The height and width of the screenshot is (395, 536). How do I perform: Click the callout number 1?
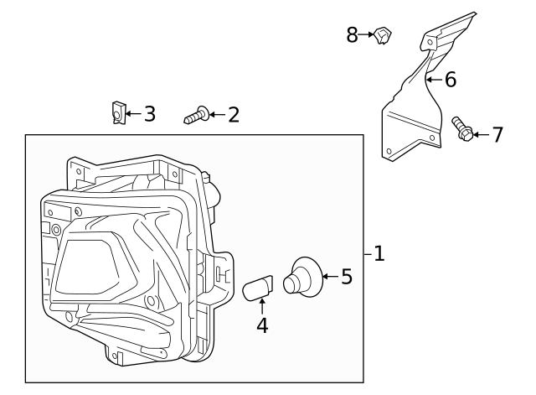(379, 253)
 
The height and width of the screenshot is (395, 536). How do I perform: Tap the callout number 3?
(149, 113)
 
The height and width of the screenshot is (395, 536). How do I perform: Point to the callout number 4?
(262, 325)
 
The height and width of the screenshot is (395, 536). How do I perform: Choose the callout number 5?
(347, 276)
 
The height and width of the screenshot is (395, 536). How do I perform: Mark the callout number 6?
(450, 80)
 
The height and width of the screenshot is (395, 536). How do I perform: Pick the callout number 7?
(497, 134)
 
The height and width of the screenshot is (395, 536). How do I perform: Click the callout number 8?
(353, 34)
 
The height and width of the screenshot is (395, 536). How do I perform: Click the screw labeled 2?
(196, 115)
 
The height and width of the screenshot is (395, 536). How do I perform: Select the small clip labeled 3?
(118, 112)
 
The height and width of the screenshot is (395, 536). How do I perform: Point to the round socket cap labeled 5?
(299, 278)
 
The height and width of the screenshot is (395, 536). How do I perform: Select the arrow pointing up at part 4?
(262, 307)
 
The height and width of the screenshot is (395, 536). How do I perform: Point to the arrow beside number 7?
(480, 133)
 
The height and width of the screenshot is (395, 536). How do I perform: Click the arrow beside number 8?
(368, 34)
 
